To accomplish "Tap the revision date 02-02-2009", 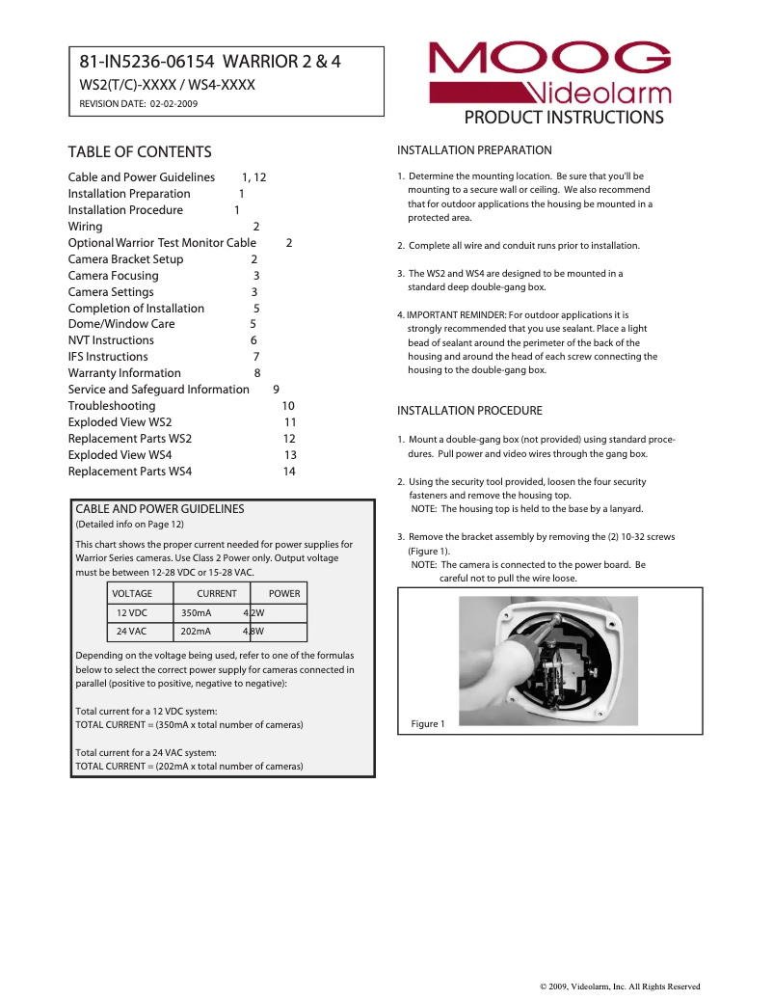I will [x=173, y=103].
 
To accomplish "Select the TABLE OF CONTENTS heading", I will [x=140, y=152].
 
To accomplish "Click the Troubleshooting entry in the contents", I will [x=111, y=406].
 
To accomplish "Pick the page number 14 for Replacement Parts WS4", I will [x=289, y=472].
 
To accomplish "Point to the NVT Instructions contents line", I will [x=111, y=340].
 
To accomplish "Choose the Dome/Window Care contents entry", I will [x=121, y=324].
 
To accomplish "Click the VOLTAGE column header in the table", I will [x=132, y=594].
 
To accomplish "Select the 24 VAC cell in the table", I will [x=132, y=632].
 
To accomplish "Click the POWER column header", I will [x=284, y=594].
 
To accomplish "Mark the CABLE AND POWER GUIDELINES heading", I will [x=160, y=509].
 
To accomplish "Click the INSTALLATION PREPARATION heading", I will [x=474, y=150].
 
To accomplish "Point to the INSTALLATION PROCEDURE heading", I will [x=469, y=411].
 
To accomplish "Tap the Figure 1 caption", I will [x=428, y=724].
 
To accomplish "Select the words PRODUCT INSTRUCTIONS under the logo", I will [x=564, y=118].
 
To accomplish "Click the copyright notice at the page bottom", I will [x=619, y=986].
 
